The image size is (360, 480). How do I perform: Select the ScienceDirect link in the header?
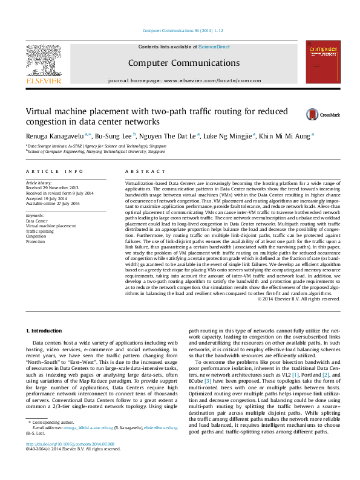point(214,47)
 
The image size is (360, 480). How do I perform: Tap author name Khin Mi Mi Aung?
point(287,137)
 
